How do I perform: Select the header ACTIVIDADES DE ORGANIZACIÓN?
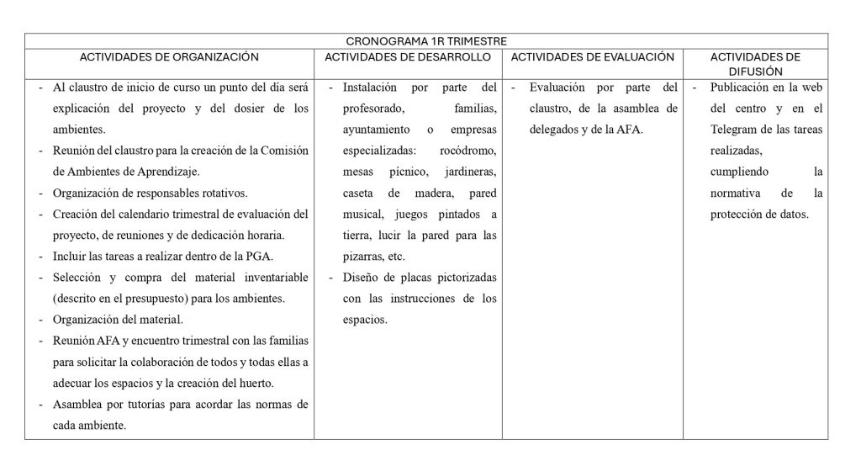coord(169,57)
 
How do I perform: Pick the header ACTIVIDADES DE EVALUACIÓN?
coord(592,57)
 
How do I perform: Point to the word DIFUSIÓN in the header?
coord(754,71)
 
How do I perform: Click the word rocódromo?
coord(468,151)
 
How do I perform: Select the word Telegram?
coord(732,130)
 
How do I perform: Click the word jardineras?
coord(472,172)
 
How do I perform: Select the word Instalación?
coord(371,87)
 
